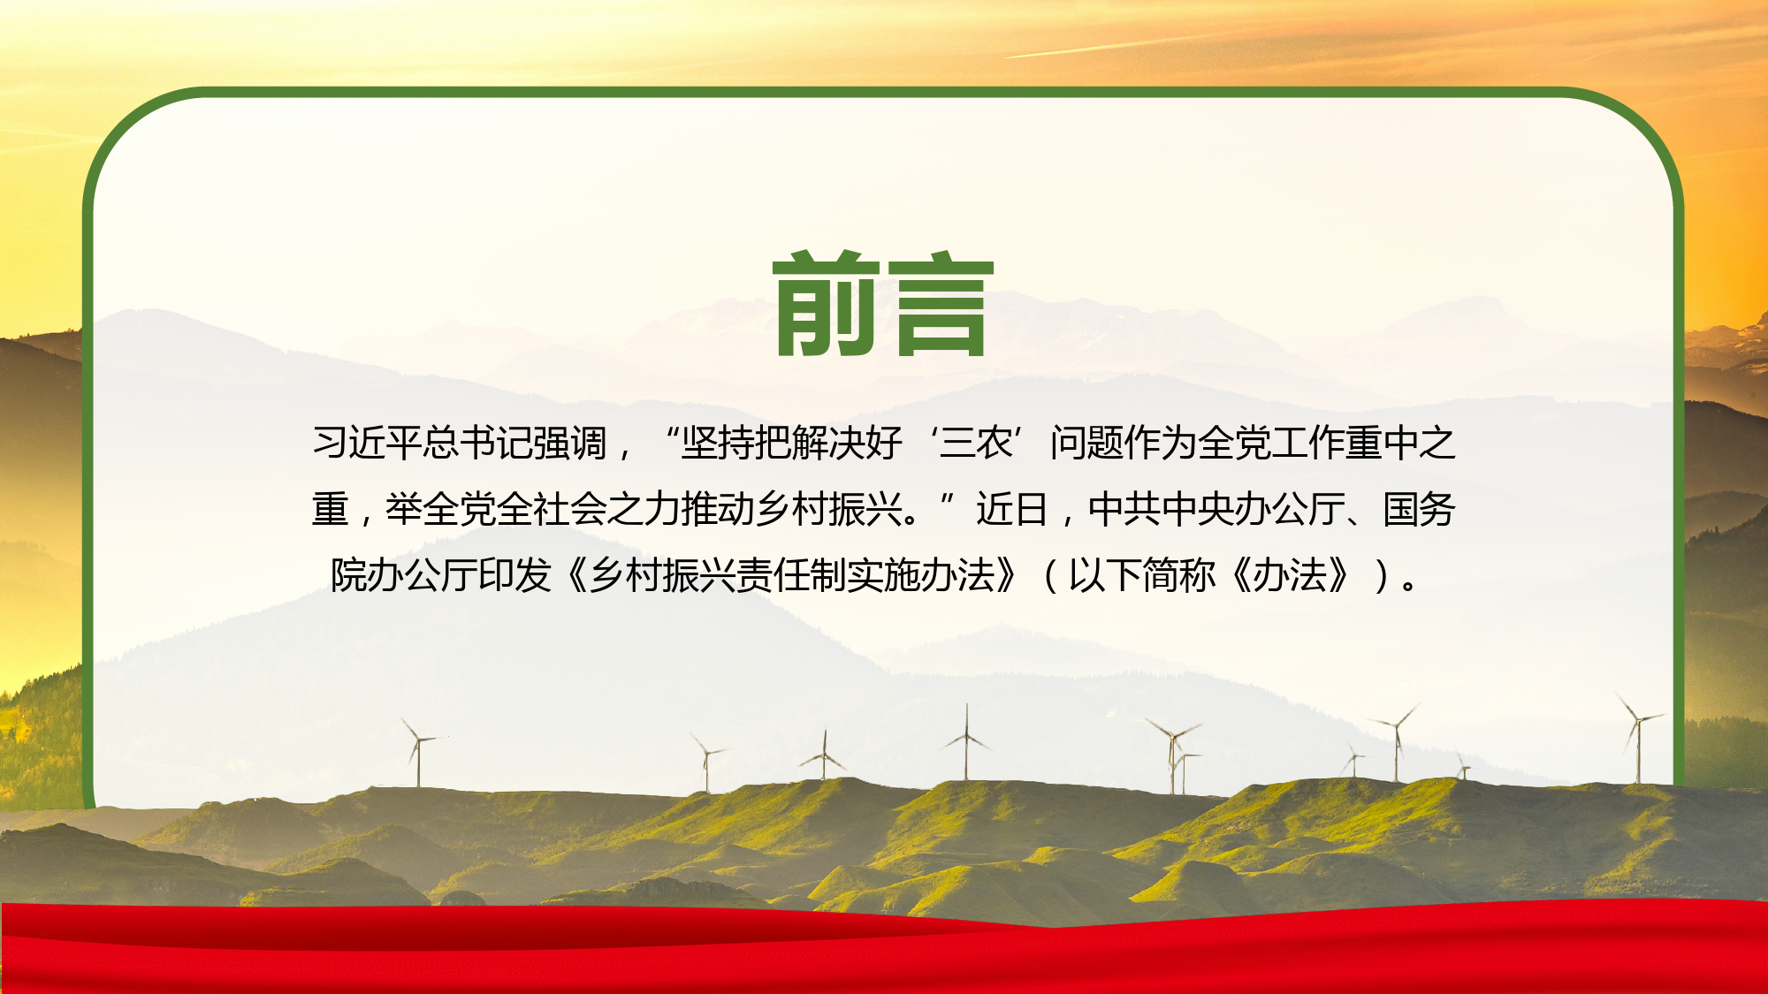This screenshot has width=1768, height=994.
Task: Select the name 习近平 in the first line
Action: click(367, 443)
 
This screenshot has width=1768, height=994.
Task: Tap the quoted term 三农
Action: click(976, 443)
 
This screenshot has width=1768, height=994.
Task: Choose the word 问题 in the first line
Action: click(1087, 443)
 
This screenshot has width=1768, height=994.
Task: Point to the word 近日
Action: click(1012, 509)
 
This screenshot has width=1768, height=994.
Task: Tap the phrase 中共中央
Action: click(1161, 509)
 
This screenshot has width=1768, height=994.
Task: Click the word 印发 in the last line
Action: click(514, 575)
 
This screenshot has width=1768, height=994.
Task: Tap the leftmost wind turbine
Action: click(419, 751)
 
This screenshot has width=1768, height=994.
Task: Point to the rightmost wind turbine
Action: click(1638, 738)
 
